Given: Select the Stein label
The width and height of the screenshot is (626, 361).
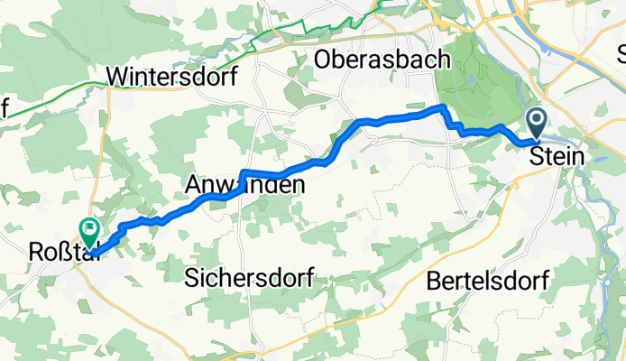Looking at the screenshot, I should pos(557,156).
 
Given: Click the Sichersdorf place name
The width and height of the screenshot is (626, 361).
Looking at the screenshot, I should pos(248,278).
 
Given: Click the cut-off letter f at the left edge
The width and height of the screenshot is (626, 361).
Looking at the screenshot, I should pos(4,108).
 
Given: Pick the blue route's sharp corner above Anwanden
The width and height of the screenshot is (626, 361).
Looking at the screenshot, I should pos(243,171).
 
